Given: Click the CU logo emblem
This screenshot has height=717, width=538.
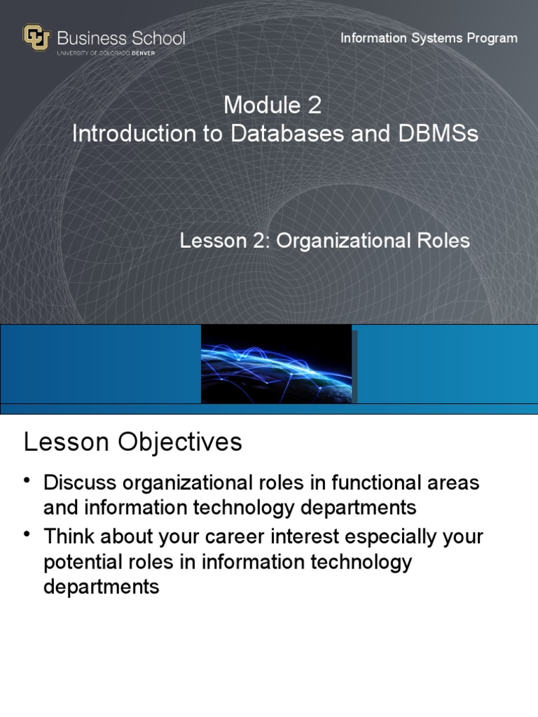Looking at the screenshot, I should [36, 39].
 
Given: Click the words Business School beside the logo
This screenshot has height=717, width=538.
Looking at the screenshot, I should [121, 38].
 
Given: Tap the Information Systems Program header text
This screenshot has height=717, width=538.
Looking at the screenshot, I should [429, 38].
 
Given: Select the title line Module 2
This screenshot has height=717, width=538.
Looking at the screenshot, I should [273, 106].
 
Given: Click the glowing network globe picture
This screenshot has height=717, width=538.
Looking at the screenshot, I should [276, 363].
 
